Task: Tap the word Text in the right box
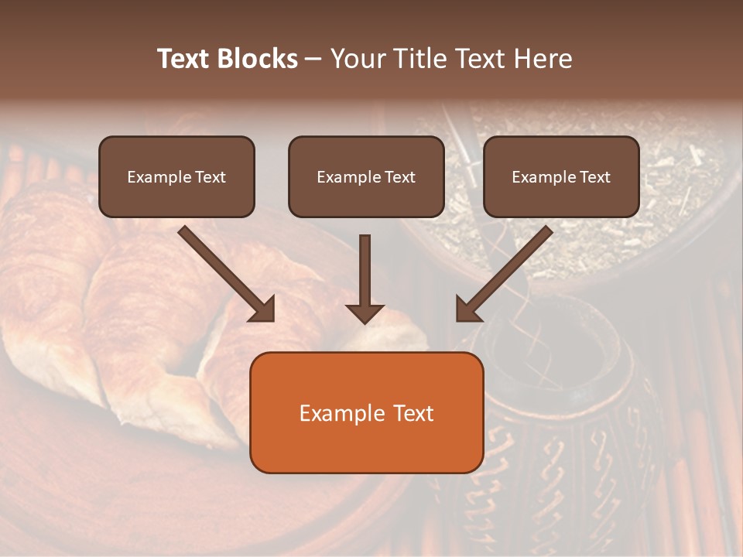pyautogui.click(x=595, y=177)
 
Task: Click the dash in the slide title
pyautogui.click(x=313, y=59)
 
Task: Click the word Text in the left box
pyautogui.click(x=211, y=177)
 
